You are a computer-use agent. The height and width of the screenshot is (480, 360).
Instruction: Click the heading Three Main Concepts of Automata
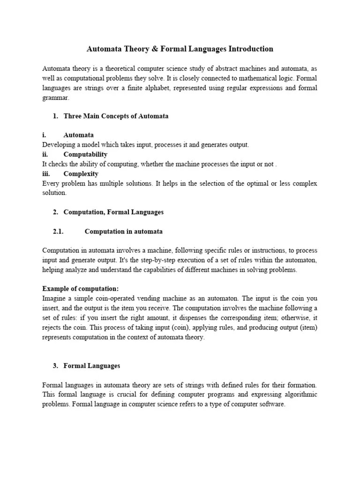(116, 116)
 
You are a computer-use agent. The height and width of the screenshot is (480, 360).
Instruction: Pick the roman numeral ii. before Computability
(45, 154)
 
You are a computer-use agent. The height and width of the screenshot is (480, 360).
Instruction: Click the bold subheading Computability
(85, 154)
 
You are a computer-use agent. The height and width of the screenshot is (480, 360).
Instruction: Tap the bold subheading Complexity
(81, 173)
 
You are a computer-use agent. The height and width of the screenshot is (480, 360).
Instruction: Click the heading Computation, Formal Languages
(113, 212)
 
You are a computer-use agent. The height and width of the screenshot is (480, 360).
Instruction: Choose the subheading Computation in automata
(124, 232)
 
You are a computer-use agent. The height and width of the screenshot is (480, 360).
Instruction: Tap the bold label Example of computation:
(80, 288)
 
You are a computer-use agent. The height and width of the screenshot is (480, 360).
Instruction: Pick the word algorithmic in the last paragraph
(300, 394)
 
